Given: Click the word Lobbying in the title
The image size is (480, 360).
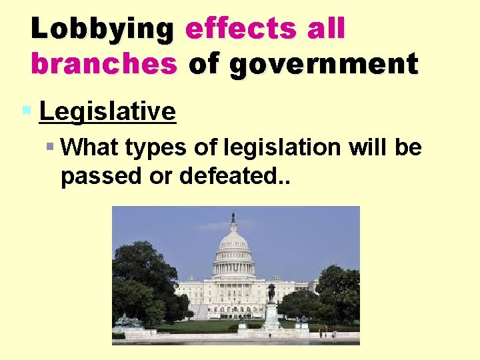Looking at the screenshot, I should point(102,29).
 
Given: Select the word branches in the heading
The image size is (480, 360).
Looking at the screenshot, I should point(104,64).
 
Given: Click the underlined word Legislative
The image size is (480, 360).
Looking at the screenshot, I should point(107,111).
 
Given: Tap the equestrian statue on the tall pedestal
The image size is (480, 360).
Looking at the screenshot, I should point(271,293).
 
